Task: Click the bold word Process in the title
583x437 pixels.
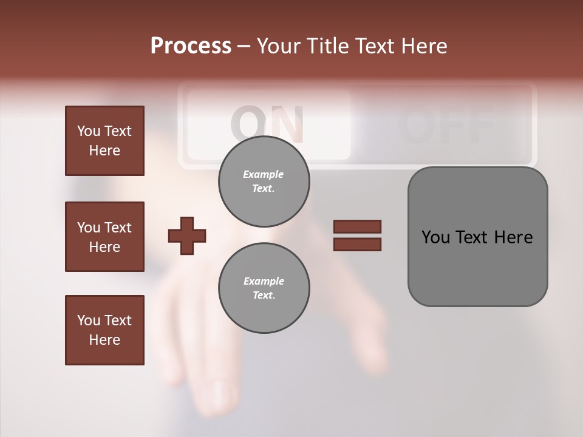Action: point(191,46)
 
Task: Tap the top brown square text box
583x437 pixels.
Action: point(104,141)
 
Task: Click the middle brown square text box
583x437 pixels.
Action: point(104,237)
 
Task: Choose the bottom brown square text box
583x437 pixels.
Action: point(104,330)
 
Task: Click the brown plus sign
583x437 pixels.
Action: point(187,236)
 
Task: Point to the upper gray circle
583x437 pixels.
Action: point(264,181)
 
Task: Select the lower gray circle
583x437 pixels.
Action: point(264,288)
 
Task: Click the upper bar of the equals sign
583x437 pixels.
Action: point(357,227)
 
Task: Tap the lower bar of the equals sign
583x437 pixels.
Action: point(357,244)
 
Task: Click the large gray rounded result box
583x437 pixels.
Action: point(477,237)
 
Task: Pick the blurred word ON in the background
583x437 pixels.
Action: point(267,124)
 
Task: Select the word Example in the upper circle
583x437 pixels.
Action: point(264,174)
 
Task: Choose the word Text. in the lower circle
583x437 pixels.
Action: point(264,296)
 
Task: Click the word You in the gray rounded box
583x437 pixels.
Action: point(435,237)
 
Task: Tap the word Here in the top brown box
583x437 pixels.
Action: point(104,151)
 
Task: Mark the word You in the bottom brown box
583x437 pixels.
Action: point(89,320)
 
